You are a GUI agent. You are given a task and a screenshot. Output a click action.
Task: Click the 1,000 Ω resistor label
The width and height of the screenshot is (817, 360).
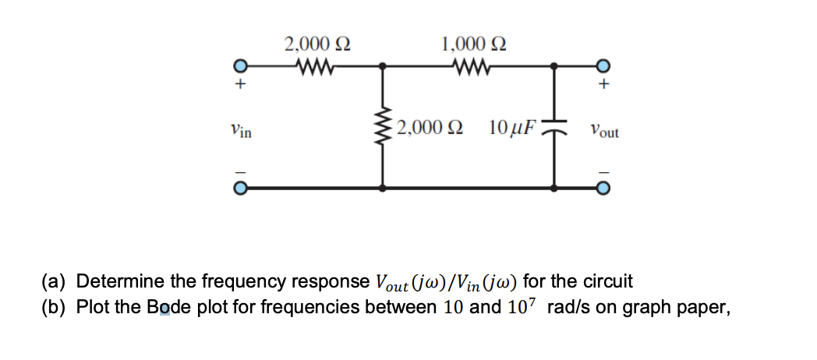(x=473, y=44)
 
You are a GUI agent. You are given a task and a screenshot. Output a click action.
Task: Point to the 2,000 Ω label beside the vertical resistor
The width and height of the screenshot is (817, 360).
(x=428, y=127)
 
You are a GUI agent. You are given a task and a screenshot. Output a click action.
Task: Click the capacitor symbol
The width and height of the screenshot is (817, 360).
(x=554, y=127)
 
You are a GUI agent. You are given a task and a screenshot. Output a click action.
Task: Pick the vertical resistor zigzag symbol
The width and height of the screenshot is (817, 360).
(x=382, y=127)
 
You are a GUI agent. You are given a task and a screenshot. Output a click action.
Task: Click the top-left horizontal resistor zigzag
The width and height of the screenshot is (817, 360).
(x=315, y=65)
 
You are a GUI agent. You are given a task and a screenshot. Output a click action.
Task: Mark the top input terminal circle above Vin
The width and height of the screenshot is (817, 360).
(x=242, y=65)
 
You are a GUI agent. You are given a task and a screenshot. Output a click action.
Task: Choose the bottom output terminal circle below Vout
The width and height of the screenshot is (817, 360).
(x=601, y=188)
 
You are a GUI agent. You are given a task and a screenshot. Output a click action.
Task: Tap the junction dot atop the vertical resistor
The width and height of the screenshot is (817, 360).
(x=382, y=65)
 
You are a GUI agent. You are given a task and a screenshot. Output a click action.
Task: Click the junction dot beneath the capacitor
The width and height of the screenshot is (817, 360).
(x=554, y=188)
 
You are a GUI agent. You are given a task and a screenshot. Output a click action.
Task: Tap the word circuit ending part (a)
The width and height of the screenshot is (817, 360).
(x=607, y=281)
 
